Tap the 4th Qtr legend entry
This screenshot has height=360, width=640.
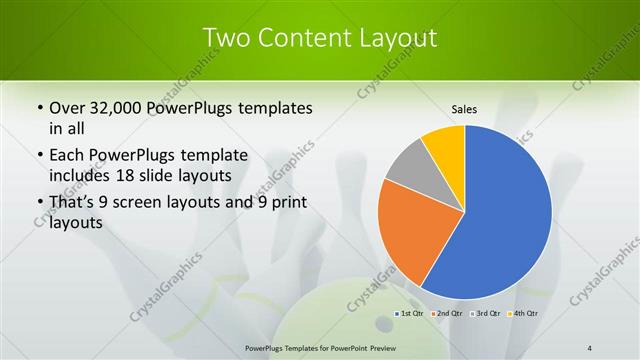pyautogui.click(x=524, y=314)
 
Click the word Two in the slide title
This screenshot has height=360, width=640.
pyautogui.click(x=227, y=38)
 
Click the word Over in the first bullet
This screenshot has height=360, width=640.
pyautogui.click(x=66, y=108)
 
